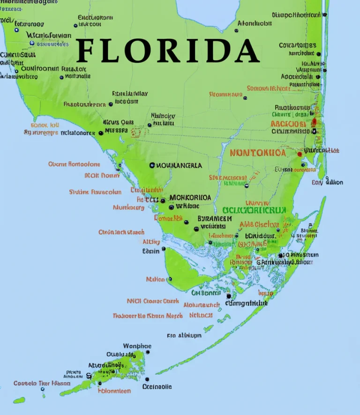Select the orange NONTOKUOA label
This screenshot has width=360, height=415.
(x=257, y=153)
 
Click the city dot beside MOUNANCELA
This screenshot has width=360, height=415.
(x=152, y=165)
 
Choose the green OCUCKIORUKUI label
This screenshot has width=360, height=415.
(x=254, y=211)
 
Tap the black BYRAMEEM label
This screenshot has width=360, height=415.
(x=214, y=218)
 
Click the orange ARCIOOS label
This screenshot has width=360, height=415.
(x=288, y=124)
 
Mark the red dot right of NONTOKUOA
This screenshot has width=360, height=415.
(x=299, y=153)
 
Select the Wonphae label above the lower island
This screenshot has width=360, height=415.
(x=137, y=346)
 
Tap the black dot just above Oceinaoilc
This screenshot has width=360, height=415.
(x=147, y=379)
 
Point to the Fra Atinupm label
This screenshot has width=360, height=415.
(x=184, y=335)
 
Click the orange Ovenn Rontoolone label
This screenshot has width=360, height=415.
(x=74, y=164)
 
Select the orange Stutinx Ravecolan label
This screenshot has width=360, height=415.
(x=95, y=192)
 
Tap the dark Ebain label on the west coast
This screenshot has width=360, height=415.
(x=150, y=251)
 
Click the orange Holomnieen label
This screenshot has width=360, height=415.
(x=114, y=390)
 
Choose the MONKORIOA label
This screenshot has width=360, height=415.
(x=190, y=197)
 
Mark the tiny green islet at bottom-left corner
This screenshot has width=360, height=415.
(x=19, y=400)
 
